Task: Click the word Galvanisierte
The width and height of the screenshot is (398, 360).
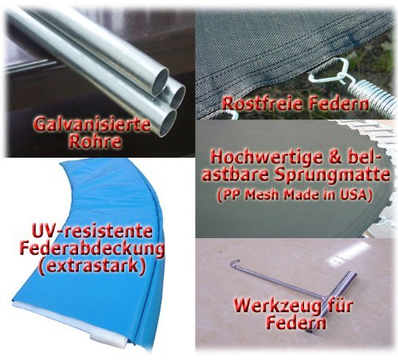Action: click(92, 125)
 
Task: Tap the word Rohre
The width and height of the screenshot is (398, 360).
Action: click(95, 142)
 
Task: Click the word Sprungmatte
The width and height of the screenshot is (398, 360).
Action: click(332, 176)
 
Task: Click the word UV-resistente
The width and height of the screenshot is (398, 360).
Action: click(92, 231)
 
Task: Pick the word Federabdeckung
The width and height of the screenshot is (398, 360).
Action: click(92, 249)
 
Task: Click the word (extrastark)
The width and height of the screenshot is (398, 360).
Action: click(92, 266)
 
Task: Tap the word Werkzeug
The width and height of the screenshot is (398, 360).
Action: click(279, 306)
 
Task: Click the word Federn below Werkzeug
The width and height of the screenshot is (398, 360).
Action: click(296, 323)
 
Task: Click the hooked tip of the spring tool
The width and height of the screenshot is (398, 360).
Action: click(235, 264)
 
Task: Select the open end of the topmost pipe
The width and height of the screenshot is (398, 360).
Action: click(161, 82)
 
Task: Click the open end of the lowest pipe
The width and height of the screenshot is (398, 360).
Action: click(168, 123)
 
